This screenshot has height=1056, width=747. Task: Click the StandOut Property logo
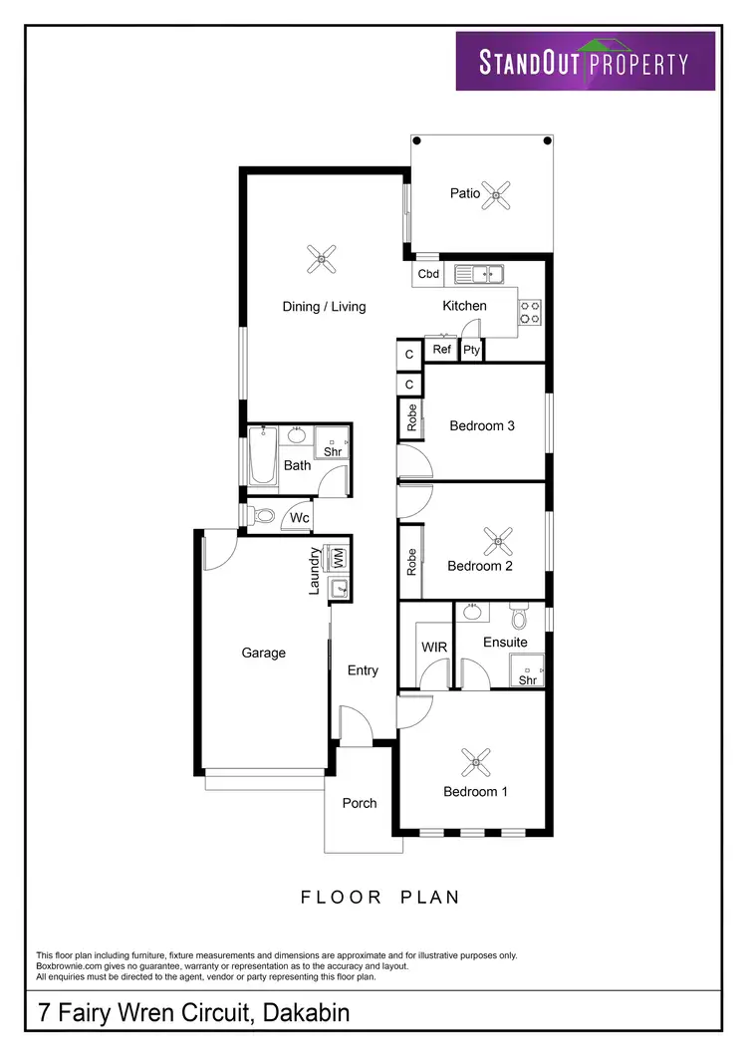586,62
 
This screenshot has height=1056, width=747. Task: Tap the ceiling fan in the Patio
495,194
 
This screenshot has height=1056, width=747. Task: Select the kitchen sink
480,273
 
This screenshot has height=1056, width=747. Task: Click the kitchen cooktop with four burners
531,313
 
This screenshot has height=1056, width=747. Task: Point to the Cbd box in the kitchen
428,274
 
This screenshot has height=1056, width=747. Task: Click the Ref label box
441,350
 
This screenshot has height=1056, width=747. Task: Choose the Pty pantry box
472,350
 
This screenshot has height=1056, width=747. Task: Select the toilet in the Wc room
263,516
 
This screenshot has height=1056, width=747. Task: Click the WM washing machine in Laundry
338,557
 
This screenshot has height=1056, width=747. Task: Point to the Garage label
264,654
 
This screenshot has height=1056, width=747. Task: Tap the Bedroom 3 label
482,426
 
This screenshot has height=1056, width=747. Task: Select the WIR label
434,648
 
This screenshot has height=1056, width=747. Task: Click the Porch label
360,803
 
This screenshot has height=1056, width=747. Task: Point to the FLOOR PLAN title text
380,898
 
